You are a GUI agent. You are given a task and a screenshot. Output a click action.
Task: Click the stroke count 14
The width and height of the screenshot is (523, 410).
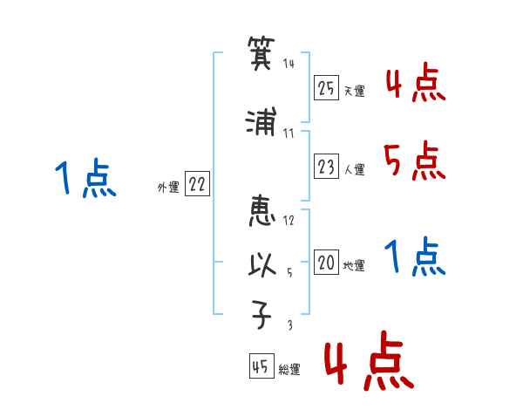[289, 64]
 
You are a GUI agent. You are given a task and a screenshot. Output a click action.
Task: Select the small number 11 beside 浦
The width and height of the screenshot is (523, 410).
[289, 133]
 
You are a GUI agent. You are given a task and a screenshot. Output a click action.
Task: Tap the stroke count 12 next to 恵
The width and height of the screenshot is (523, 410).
[289, 220]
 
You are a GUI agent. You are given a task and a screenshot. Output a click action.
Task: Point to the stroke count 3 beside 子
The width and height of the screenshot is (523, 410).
[290, 325]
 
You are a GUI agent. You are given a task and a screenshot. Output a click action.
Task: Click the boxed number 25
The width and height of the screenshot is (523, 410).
[326, 87]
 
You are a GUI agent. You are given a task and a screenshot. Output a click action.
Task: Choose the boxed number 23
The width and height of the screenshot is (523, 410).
[326, 166]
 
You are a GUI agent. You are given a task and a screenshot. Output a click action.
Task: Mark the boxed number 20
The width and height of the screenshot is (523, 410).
[326, 263]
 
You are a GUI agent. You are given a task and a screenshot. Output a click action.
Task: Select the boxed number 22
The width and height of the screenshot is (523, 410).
[198, 184]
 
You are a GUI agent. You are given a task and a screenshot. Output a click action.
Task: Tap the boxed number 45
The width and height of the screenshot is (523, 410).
[261, 366]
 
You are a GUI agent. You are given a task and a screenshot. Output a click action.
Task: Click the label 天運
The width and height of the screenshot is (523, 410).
[354, 91]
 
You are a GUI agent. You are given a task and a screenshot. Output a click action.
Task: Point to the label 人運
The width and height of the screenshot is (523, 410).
[354, 169]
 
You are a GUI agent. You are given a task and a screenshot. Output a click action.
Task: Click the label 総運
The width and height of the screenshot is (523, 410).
[289, 370]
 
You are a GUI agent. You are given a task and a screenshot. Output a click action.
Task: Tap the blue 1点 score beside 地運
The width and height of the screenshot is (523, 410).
[413, 256]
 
